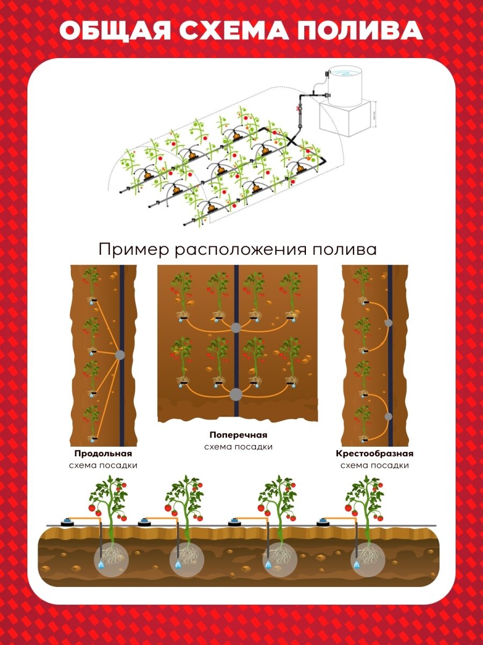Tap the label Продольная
click(103, 454)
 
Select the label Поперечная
click(238, 435)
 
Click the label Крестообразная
click(375, 454)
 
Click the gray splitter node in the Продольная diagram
click(120, 355)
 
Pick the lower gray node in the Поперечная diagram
click(236, 395)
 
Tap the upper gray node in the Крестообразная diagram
click(388, 323)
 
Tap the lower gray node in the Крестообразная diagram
click(388, 416)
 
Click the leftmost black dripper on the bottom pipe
click(68, 521)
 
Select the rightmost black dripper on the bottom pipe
click(323, 521)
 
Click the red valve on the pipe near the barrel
click(297, 109)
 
